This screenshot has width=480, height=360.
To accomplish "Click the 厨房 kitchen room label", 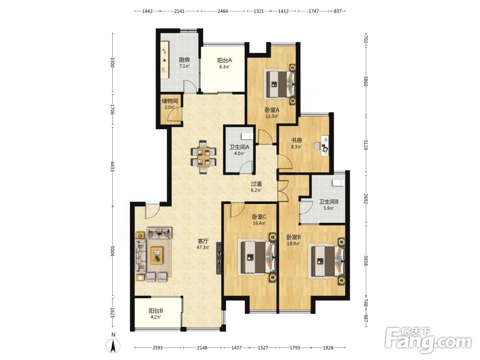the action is point(184,60).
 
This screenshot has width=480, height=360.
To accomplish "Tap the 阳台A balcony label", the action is point(224,60).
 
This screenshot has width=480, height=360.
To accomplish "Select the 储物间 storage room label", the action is point(169,101).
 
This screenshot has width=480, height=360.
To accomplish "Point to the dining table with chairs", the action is point(204,157).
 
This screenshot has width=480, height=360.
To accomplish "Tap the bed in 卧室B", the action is point(326,261).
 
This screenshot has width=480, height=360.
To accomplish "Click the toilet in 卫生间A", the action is point(246,135).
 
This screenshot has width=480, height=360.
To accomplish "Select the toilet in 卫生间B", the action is point(338,183).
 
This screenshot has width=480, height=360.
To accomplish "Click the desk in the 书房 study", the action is point(324,146).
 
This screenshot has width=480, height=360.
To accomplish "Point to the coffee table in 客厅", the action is point(157,255).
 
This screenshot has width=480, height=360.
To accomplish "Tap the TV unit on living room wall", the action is point(218,258).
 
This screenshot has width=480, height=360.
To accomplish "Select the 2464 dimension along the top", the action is point(223,11).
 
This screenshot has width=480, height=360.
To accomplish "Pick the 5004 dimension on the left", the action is point(113,251).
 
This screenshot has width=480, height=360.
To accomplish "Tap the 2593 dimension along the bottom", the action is point(157,348).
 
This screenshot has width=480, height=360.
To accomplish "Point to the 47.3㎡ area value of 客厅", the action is point(203,247).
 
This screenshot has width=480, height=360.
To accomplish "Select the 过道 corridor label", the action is point(256,184).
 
